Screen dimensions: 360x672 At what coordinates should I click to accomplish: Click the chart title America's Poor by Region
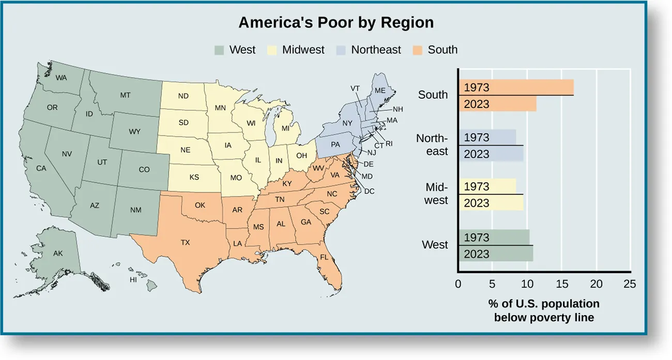(335, 23)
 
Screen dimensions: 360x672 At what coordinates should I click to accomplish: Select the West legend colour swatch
(219, 50)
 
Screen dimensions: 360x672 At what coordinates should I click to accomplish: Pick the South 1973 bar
(516, 87)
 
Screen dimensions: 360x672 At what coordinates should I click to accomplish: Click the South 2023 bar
(497, 104)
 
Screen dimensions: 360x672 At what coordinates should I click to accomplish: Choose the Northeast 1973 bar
(487, 138)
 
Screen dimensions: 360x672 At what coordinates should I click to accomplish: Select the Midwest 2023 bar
(491, 203)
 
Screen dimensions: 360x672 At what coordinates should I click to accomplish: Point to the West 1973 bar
(494, 237)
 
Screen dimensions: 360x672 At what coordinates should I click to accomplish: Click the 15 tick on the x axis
(562, 284)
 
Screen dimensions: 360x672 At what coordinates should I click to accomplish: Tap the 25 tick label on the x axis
(630, 284)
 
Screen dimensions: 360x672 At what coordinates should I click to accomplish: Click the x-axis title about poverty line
(544, 310)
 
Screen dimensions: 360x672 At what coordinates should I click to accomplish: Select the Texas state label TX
(185, 242)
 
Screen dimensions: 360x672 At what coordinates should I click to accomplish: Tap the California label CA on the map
(41, 168)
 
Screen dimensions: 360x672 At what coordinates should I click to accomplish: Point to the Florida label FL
(324, 257)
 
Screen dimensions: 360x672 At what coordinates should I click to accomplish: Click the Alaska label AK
(58, 253)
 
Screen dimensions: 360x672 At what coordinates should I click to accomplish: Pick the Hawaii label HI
(133, 280)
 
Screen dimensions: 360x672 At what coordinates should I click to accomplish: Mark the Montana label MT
(125, 95)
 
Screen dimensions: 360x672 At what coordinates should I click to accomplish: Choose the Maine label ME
(380, 90)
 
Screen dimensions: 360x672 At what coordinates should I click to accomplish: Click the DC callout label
(369, 191)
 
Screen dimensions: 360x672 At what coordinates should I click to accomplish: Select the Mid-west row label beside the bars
(436, 193)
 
